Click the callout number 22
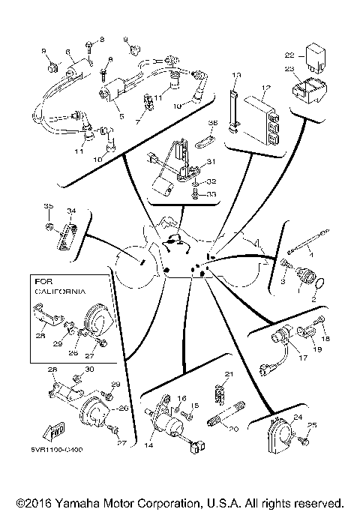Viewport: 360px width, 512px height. pos(289,55)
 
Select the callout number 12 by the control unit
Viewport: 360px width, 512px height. pos(263,87)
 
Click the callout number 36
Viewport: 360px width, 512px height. pos(212,123)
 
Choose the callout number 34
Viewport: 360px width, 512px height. pos(71,211)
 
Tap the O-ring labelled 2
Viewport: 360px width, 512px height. pos(319,285)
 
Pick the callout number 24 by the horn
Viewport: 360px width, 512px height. pos(298,418)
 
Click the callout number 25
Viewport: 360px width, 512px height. pos(313,425)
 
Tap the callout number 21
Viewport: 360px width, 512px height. pos(229,374)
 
